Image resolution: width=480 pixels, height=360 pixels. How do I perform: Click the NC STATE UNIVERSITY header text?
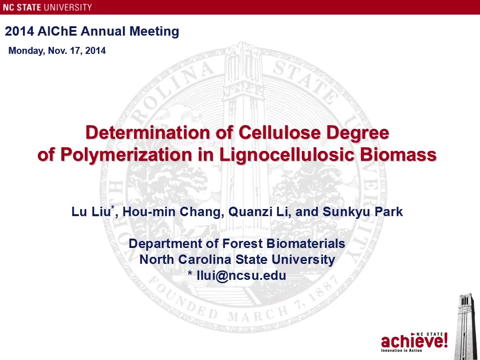(x=47, y=7)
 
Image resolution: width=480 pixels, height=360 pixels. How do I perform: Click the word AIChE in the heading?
(x=57, y=31)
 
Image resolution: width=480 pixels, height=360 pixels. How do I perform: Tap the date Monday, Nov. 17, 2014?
(x=57, y=51)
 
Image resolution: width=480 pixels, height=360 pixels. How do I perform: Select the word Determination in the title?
(x=148, y=133)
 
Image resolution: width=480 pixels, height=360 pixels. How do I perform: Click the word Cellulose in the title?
(x=279, y=133)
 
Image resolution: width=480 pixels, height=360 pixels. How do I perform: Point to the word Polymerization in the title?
(x=126, y=155)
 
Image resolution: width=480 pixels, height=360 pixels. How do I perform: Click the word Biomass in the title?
(x=398, y=155)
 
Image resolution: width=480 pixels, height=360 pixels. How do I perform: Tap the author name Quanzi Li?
(x=257, y=211)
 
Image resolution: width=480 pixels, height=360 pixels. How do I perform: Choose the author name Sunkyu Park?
(x=363, y=211)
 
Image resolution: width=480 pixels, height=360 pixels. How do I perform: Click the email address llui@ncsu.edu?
(x=241, y=276)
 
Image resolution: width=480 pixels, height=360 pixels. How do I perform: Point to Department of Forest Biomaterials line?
(x=237, y=244)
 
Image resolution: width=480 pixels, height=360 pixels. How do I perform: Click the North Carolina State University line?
(x=237, y=260)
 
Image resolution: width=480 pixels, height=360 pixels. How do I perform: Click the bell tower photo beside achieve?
(x=467, y=326)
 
